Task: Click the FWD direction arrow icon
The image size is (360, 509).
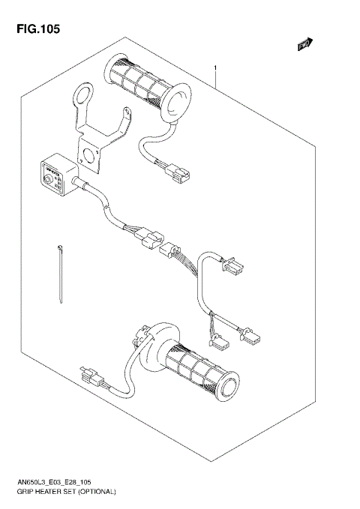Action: pyautogui.click(x=304, y=46)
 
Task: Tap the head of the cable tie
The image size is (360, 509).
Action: pyautogui.click(x=56, y=247)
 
